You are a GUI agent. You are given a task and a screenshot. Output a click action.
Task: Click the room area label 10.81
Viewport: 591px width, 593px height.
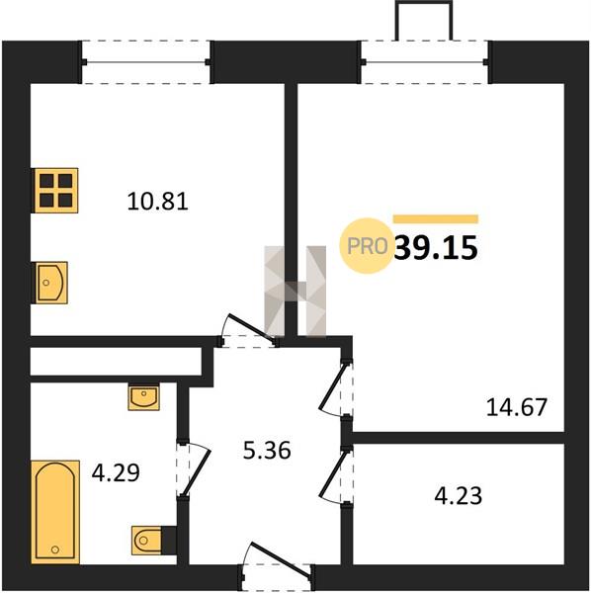(x=158, y=202)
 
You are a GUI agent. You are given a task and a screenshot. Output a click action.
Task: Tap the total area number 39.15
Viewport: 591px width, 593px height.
(x=436, y=248)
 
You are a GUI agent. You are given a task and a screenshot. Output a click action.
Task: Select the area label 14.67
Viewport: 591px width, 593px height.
(x=517, y=407)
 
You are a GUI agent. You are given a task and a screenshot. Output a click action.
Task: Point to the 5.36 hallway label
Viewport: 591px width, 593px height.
(x=267, y=450)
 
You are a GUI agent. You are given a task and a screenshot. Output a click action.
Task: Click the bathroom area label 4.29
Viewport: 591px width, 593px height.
(x=116, y=472)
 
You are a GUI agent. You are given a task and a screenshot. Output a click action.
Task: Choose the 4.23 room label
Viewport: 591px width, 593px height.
(x=459, y=496)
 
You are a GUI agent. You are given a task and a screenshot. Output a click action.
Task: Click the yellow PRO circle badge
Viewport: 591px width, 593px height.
(x=367, y=246)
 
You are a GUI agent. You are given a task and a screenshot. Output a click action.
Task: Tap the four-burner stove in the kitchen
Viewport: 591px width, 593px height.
(x=56, y=191)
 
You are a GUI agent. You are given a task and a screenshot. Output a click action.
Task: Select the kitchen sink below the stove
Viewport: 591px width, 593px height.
(x=51, y=283)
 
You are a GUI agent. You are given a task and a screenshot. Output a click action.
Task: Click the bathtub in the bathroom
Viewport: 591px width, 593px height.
(x=55, y=512)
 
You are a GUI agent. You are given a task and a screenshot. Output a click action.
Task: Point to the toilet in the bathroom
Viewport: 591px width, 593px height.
(x=148, y=541)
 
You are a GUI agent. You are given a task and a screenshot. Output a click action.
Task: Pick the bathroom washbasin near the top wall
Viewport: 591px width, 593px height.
(x=143, y=397)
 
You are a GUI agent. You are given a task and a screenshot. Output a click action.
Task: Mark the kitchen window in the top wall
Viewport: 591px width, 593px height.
(x=145, y=62)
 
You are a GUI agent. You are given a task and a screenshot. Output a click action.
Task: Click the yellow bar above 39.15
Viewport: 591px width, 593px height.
(x=436, y=219)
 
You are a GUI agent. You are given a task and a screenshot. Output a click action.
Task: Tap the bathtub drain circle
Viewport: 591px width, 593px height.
(x=55, y=549)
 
